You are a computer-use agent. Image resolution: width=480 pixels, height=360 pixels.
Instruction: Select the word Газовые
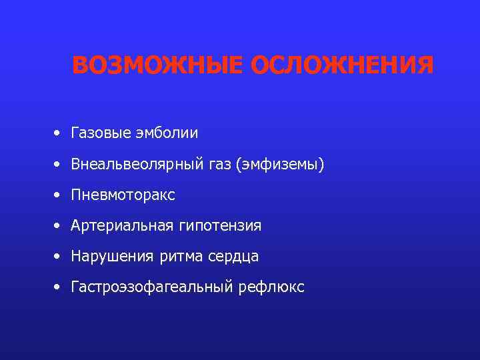(97, 133)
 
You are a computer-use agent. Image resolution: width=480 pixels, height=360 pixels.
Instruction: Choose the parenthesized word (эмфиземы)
(279, 164)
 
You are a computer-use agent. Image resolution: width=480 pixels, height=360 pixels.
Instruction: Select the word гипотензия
(219, 227)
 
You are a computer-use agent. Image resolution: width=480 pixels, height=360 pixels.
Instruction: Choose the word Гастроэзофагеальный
(147, 288)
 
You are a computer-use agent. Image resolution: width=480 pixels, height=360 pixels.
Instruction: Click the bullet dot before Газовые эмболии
(59, 133)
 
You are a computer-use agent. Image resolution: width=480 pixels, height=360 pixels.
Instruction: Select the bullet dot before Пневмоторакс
(59, 195)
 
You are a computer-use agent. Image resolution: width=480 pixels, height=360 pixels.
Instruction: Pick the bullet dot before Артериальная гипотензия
(59, 226)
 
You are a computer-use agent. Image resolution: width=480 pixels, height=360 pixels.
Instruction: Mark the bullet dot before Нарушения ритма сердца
(59, 257)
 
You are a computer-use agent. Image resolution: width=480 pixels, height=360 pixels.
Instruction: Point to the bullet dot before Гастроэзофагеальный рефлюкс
(59, 287)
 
